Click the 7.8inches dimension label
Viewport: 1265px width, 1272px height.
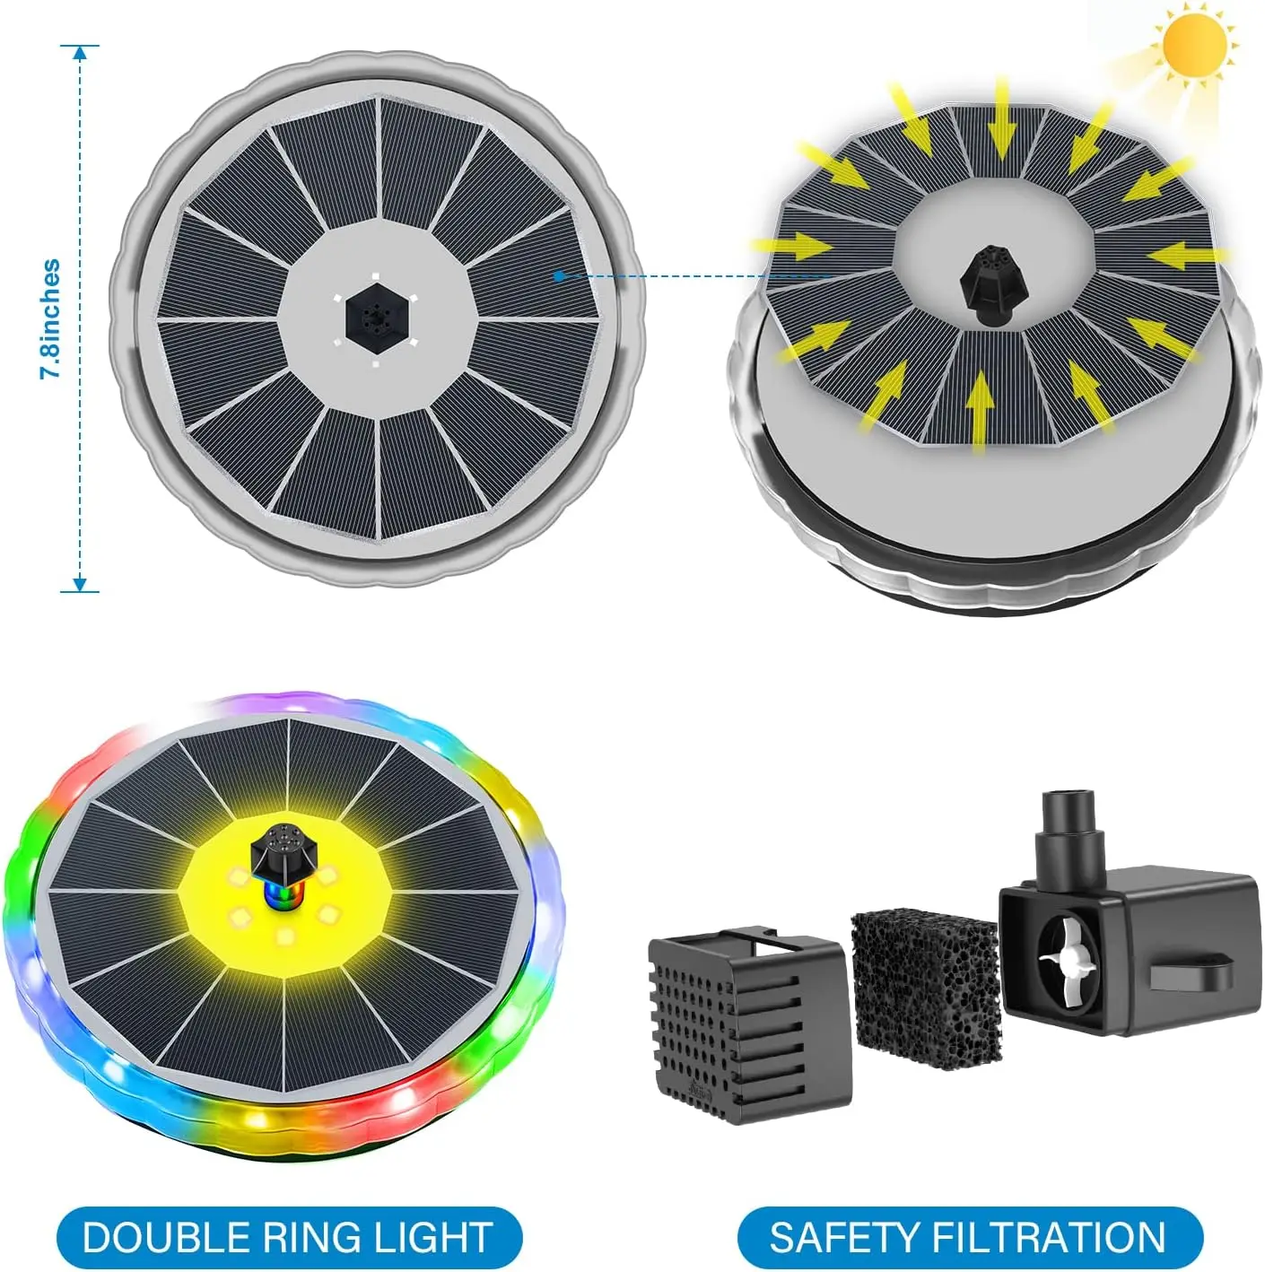51,318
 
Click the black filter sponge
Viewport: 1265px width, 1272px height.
925,982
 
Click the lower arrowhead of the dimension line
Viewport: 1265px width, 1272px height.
80,584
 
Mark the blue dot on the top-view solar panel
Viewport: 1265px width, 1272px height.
558,275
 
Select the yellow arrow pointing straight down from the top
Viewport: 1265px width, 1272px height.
1001,121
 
